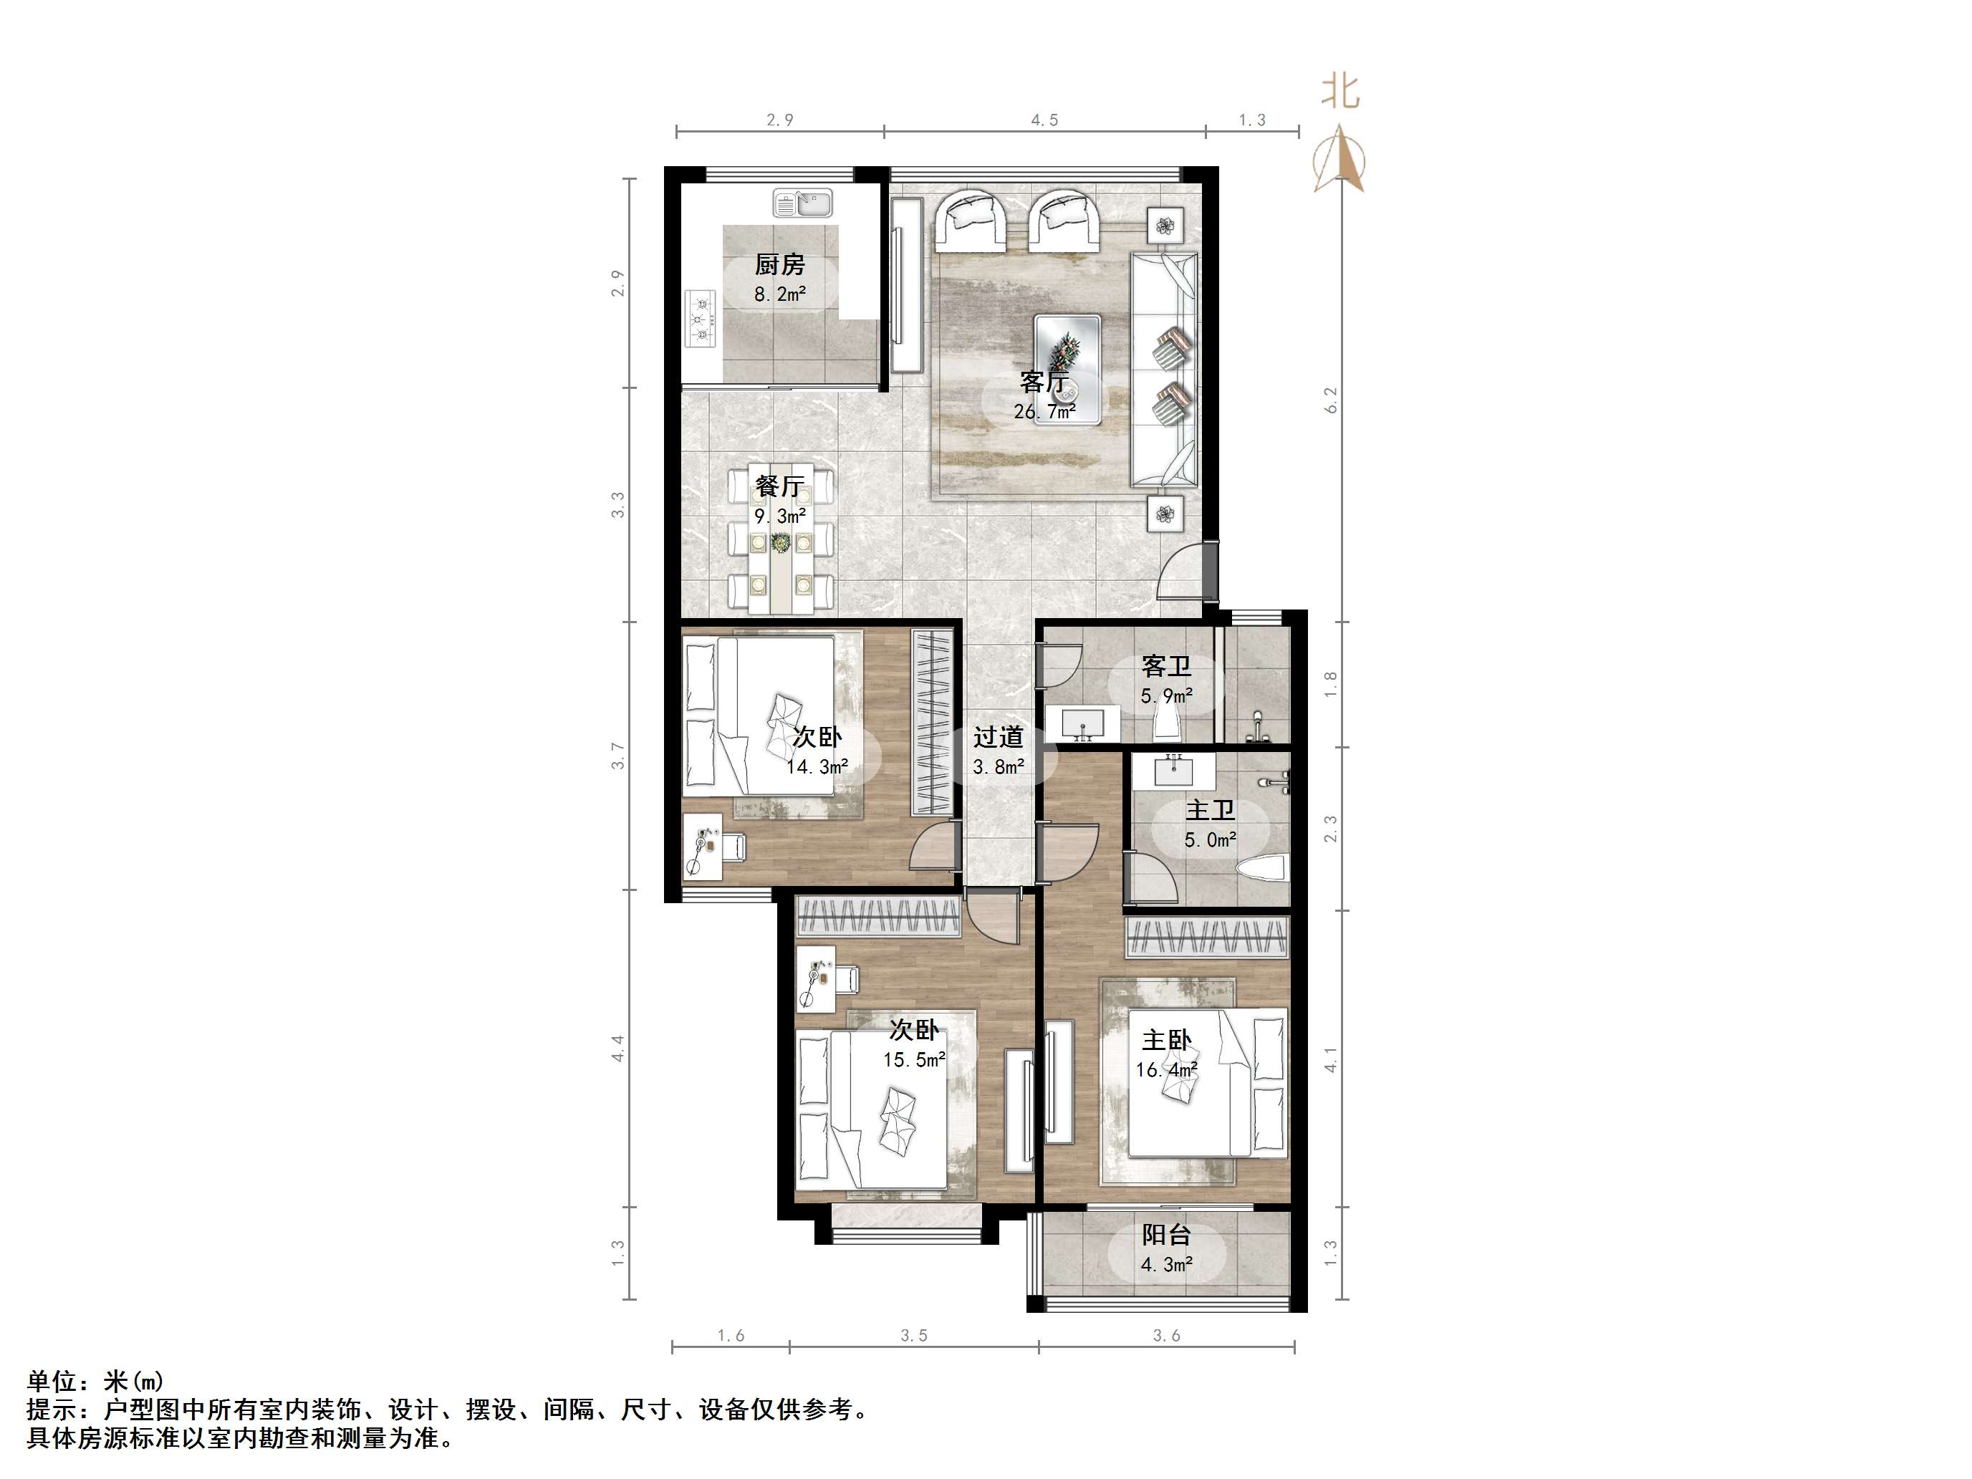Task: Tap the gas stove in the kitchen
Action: point(701,318)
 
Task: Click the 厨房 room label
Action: point(780,265)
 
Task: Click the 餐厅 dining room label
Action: point(780,486)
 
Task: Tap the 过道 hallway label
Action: point(999,737)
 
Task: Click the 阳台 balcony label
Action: point(1167,1235)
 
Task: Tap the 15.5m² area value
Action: point(914,1060)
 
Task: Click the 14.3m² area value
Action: point(817,766)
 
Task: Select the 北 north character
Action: point(1340,92)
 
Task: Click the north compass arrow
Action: point(1339,160)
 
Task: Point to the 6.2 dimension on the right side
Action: point(1332,400)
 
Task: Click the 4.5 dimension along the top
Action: point(1045,120)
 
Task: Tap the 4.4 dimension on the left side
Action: point(617,1048)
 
